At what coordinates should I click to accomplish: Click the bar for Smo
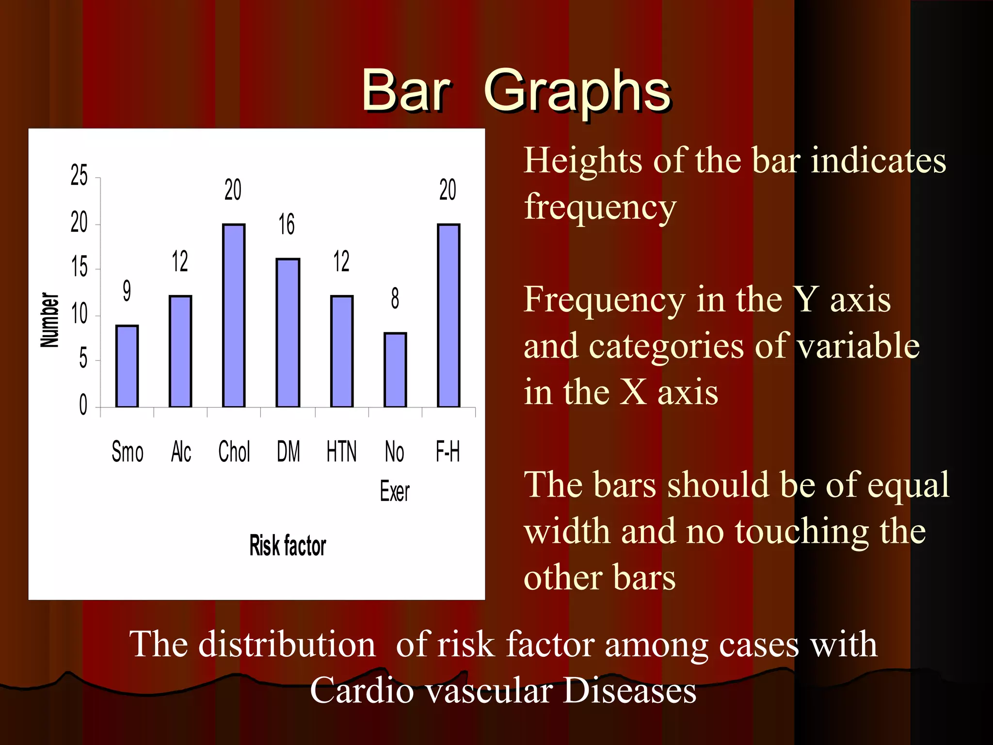[x=127, y=366]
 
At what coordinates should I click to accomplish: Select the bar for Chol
[x=234, y=315]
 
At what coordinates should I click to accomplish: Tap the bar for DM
[x=288, y=333]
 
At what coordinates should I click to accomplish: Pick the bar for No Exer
[x=395, y=370]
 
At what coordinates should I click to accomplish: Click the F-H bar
[x=448, y=315]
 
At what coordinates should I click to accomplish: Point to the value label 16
[x=287, y=224]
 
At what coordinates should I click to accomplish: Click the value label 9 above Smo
[x=127, y=291]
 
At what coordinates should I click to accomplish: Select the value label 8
[x=395, y=298]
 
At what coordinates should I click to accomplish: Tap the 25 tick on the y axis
[x=80, y=176]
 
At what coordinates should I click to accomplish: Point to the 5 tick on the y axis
[x=83, y=359]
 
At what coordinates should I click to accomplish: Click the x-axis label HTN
[x=341, y=452]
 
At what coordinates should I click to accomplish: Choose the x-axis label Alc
[x=181, y=452]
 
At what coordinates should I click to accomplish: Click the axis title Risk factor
[x=288, y=545]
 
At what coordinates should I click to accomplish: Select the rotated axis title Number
[x=49, y=320]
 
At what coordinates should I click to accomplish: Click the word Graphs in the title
[x=577, y=91]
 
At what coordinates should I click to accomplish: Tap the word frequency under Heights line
[x=600, y=207]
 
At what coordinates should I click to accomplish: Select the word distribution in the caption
[x=287, y=644]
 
